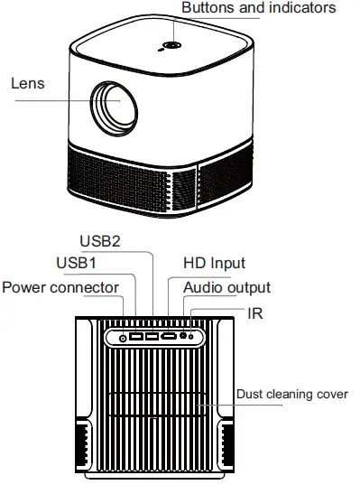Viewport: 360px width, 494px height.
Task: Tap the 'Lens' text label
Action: [27, 83]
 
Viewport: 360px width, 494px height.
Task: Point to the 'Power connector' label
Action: [60, 287]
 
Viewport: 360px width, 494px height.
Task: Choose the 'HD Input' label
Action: [215, 263]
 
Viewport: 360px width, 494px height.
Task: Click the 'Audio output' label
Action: [226, 287]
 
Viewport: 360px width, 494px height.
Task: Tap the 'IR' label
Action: [255, 312]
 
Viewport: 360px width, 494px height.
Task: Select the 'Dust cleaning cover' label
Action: [291, 394]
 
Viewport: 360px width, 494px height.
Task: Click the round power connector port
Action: [124, 338]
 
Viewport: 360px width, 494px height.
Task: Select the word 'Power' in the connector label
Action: [23, 287]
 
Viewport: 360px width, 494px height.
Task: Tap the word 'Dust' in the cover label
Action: [248, 394]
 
